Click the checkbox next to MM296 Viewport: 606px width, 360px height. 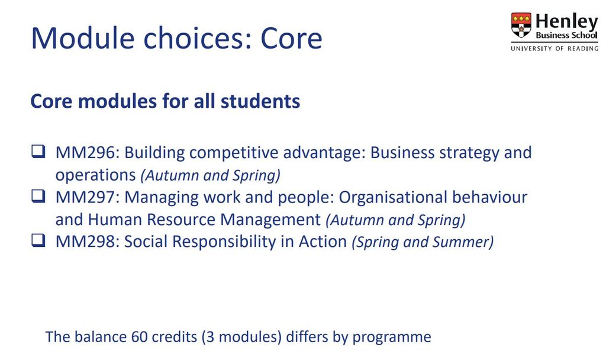(38, 151)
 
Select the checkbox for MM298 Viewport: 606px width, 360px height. (38, 240)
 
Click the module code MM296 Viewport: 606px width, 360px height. (85, 153)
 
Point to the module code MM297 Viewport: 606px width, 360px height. (85, 197)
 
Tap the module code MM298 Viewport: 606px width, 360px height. (85, 242)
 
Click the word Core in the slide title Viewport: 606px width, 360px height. (291, 38)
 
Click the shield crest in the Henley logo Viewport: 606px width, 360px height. (521, 25)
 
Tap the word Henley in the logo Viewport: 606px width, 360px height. (566, 21)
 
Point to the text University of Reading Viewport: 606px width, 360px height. (555, 49)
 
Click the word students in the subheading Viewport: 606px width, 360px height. (260, 101)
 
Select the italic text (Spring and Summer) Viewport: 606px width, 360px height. (423, 242)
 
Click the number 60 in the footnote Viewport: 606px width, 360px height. (139, 337)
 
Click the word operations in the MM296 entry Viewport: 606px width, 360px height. (95, 176)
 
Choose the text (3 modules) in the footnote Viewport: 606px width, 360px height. (241, 337)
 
